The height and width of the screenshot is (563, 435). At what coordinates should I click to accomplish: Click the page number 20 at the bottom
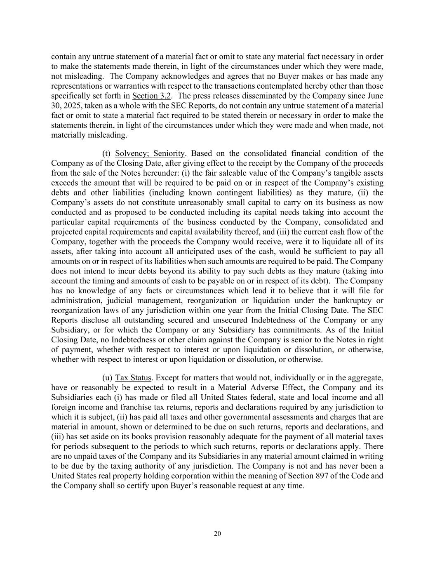pos(217,534)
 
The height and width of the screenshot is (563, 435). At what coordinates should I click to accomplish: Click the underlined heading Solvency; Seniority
pos(150,153)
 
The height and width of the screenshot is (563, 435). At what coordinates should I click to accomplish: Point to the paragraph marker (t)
pos(106,153)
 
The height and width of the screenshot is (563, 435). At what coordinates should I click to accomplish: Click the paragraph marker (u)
pos(107,378)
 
